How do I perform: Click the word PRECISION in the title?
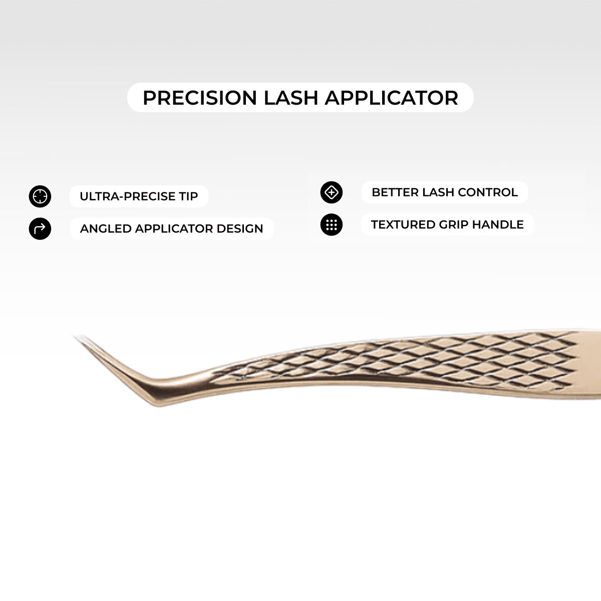[200, 98]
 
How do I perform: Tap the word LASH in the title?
[291, 98]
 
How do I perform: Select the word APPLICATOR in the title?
[391, 98]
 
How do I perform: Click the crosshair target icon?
[40, 196]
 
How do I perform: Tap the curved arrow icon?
[40, 229]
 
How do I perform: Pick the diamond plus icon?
[332, 192]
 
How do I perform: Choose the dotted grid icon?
[332, 225]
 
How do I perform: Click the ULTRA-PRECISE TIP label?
[139, 196]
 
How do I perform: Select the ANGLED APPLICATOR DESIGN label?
[171, 229]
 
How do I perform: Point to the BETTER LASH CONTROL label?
[445, 192]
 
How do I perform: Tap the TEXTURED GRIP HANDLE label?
[447, 225]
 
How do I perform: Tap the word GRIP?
[453, 225]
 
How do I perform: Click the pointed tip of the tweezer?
[75, 337]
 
